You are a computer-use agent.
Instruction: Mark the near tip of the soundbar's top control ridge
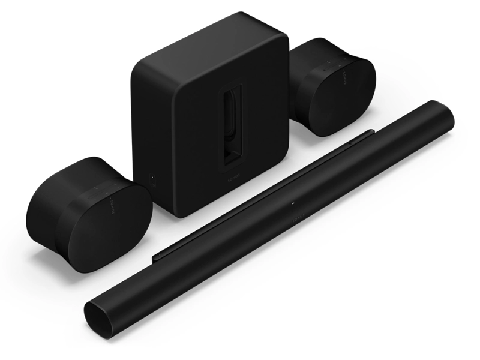point(155,256)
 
